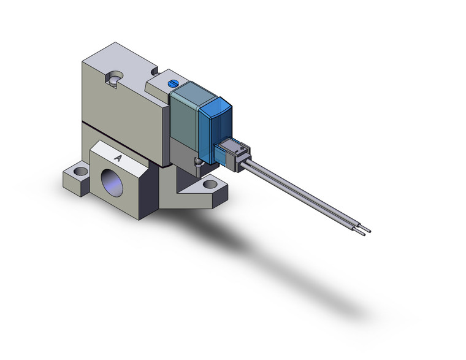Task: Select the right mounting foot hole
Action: pos(210,183)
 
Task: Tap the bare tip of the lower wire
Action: pos(361,234)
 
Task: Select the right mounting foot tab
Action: pos(208,187)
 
